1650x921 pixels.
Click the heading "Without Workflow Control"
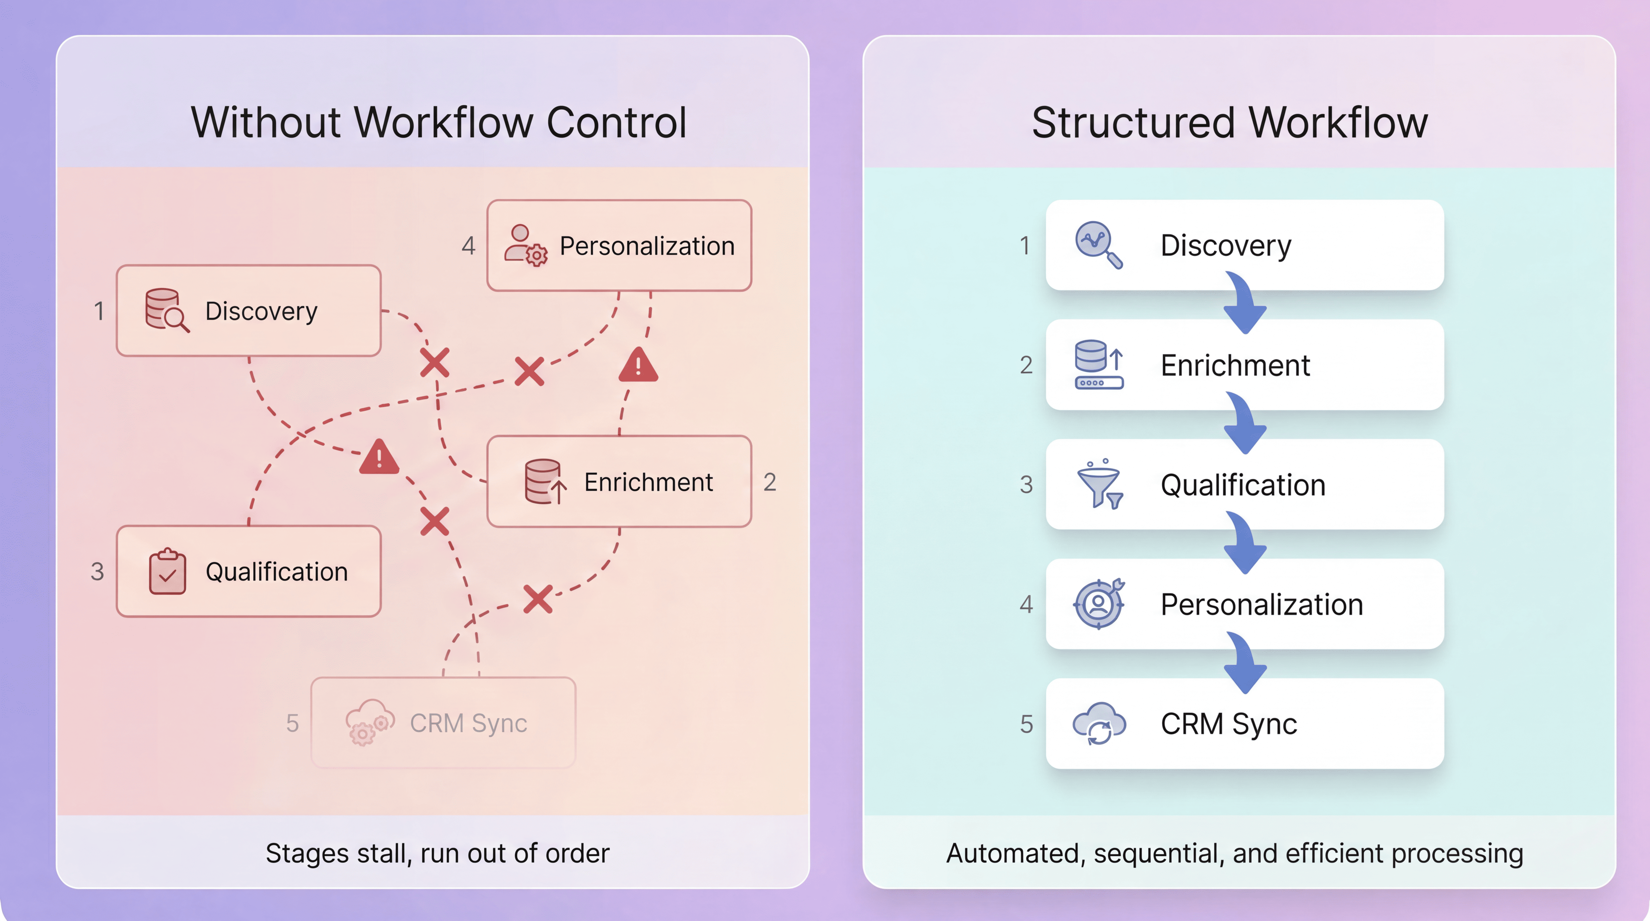click(439, 122)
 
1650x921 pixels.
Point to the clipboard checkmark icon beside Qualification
click(167, 571)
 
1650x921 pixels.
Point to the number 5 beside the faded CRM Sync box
click(292, 723)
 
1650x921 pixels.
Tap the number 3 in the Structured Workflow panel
click(1026, 485)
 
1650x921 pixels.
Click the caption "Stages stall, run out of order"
click(437, 853)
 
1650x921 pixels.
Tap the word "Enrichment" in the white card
click(1235, 365)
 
